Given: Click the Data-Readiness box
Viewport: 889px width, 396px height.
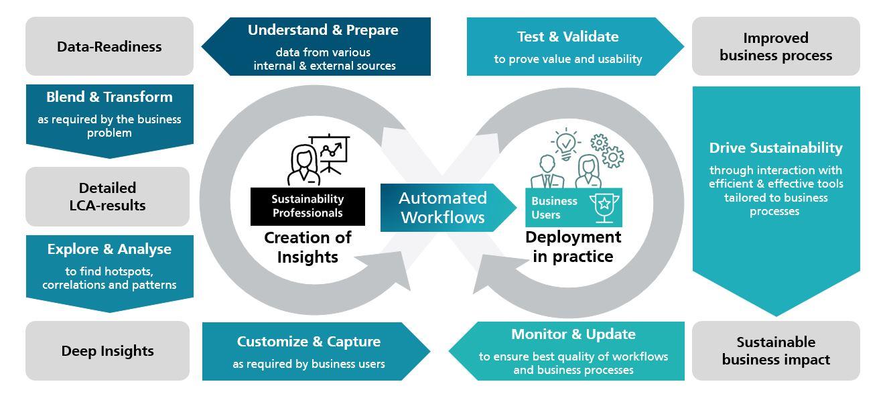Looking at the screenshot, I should [109, 47].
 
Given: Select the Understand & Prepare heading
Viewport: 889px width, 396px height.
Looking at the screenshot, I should [323, 30].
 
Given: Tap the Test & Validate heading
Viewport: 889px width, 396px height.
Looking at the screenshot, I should [567, 36].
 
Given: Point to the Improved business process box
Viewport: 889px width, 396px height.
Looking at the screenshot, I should [776, 47].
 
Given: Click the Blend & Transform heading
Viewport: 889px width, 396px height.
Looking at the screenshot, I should [109, 97].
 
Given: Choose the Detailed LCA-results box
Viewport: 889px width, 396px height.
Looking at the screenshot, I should [107, 196].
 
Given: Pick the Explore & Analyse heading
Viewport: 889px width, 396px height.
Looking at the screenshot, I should [109, 249].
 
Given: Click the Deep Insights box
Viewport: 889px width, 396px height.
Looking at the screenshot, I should [107, 350].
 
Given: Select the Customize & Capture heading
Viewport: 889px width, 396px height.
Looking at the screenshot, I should [308, 342].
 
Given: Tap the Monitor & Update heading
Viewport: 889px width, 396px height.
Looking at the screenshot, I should [573, 334].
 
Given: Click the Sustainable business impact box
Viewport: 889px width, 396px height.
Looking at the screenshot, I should [776, 350].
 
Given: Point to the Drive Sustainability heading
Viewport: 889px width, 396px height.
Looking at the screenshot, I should [776, 147].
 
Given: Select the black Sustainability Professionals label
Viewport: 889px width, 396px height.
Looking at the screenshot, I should [307, 206].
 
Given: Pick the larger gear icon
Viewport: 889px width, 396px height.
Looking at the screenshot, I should [612, 157].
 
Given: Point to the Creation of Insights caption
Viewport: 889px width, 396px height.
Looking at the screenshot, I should [307, 247].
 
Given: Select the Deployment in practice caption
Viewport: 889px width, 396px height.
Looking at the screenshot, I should [573, 247].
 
